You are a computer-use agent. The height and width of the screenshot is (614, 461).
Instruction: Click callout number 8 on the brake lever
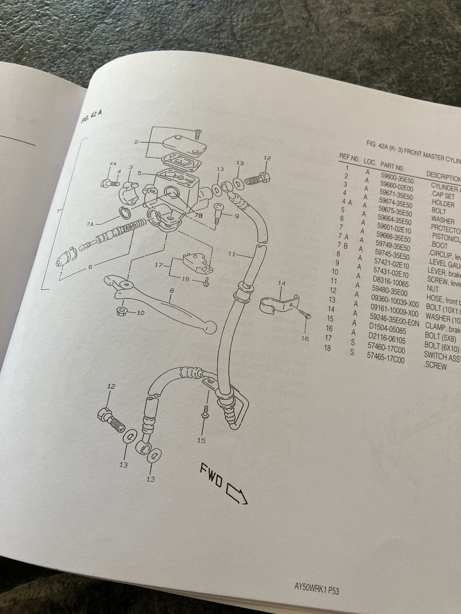click(171, 291)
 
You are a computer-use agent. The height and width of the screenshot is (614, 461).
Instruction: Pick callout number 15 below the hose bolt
click(201, 440)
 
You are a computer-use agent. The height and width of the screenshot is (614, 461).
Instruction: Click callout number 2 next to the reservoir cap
click(136, 142)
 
